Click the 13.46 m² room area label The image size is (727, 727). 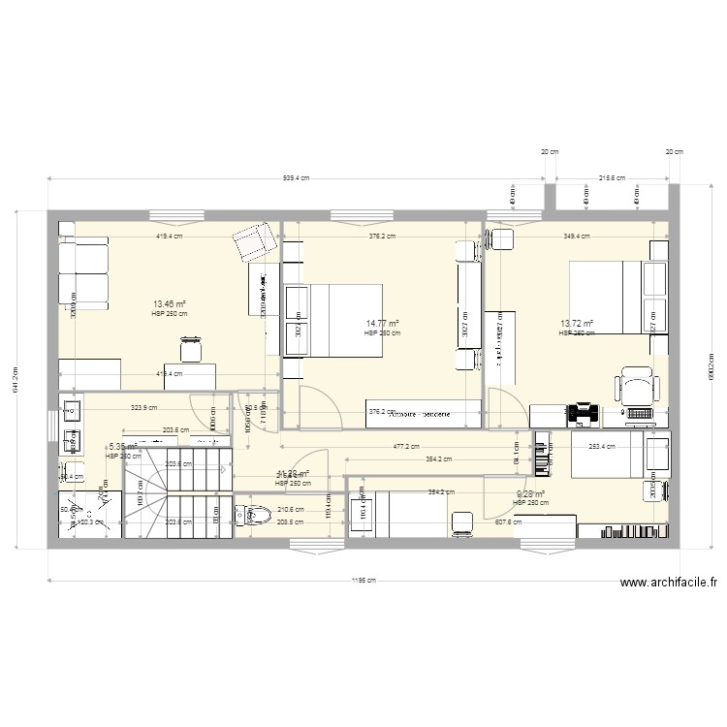tap(168, 303)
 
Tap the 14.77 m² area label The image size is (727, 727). tap(382, 324)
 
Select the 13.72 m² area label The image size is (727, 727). tap(576, 324)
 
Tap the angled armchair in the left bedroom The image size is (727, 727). tap(254, 241)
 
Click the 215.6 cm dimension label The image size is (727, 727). tap(611, 178)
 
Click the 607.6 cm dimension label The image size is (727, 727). tap(508, 522)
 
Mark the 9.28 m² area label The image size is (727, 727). tap(531, 493)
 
